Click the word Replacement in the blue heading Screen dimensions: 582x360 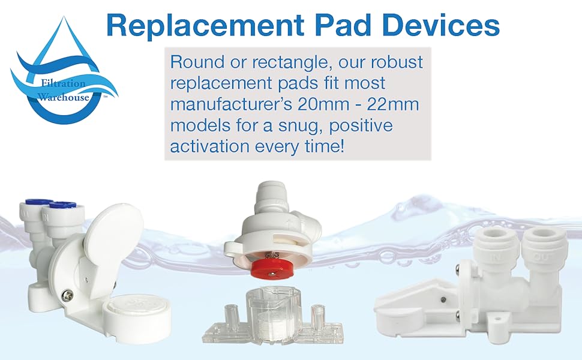[x=205, y=26]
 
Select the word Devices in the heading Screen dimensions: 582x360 [x=441, y=26]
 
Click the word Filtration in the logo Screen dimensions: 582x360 [x=63, y=83]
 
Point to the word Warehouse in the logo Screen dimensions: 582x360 [x=64, y=97]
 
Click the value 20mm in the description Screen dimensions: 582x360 [x=323, y=104]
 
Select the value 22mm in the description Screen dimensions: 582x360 [x=393, y=104]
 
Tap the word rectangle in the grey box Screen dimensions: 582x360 [x=292, y=62]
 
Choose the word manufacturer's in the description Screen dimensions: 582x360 [x=231, y=104]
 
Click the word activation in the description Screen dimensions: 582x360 [x=210, y=146]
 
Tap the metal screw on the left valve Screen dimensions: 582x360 [x=68, y=295]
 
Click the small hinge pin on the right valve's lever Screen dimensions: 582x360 [x=442, y=299]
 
